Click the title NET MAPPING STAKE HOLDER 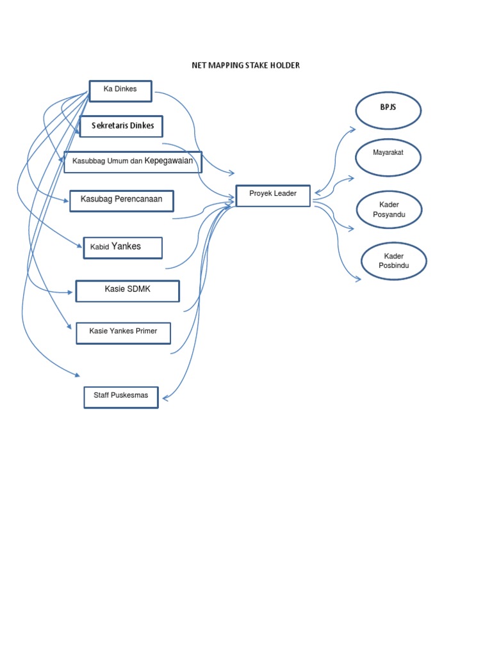tap(246, 65)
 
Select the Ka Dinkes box tap(120, 91)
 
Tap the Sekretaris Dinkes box tap(121, 126)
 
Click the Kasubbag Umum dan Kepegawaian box tap(133, 162)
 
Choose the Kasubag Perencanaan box tap(121, 200)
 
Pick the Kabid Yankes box tap(122, 248)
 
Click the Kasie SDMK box tap(127, 290)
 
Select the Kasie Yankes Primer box tap(123, 333)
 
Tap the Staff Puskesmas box tap(120, 397)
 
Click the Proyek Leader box tap(273, 196)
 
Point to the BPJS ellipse tap(388, 111)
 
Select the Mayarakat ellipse tap(388, 157)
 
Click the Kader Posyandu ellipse tap(389, 209)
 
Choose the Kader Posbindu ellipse tap(393, 261)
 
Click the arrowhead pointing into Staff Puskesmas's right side tap(166, 398)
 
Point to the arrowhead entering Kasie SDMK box tap(70, 292)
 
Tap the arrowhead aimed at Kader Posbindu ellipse tap(357, 279)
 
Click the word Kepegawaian tap(168, 161)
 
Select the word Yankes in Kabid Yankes tap(126, 246)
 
